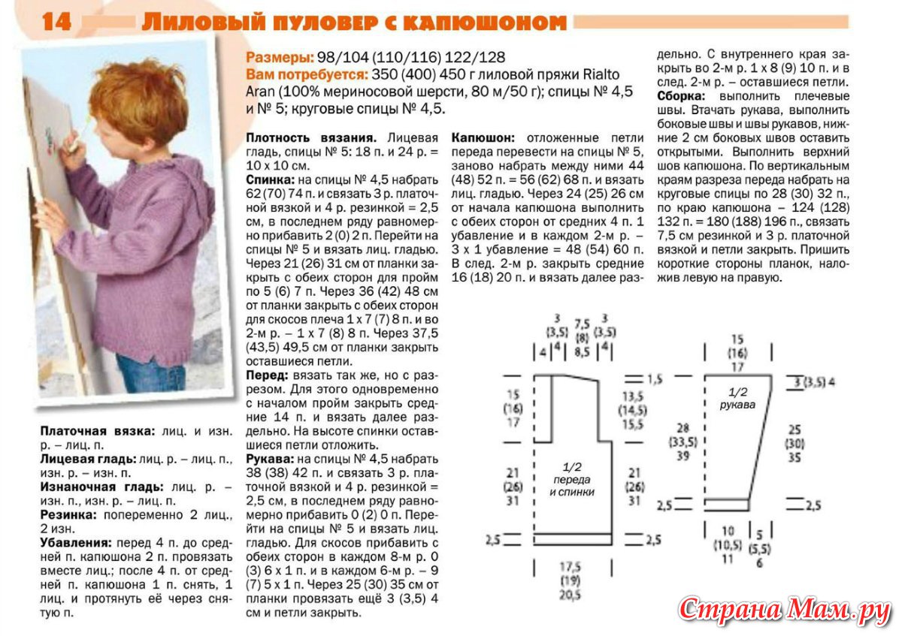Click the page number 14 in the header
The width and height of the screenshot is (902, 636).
[56, 23]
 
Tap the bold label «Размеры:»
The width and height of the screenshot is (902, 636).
[277, 58]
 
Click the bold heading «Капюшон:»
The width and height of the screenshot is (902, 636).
[483, 138]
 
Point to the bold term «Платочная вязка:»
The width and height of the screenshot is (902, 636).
[97, 432]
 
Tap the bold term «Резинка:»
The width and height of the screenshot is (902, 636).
[68, 515]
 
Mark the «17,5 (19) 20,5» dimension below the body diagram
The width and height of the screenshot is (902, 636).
[569, 580]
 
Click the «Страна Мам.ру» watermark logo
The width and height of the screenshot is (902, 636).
[785, 609]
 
